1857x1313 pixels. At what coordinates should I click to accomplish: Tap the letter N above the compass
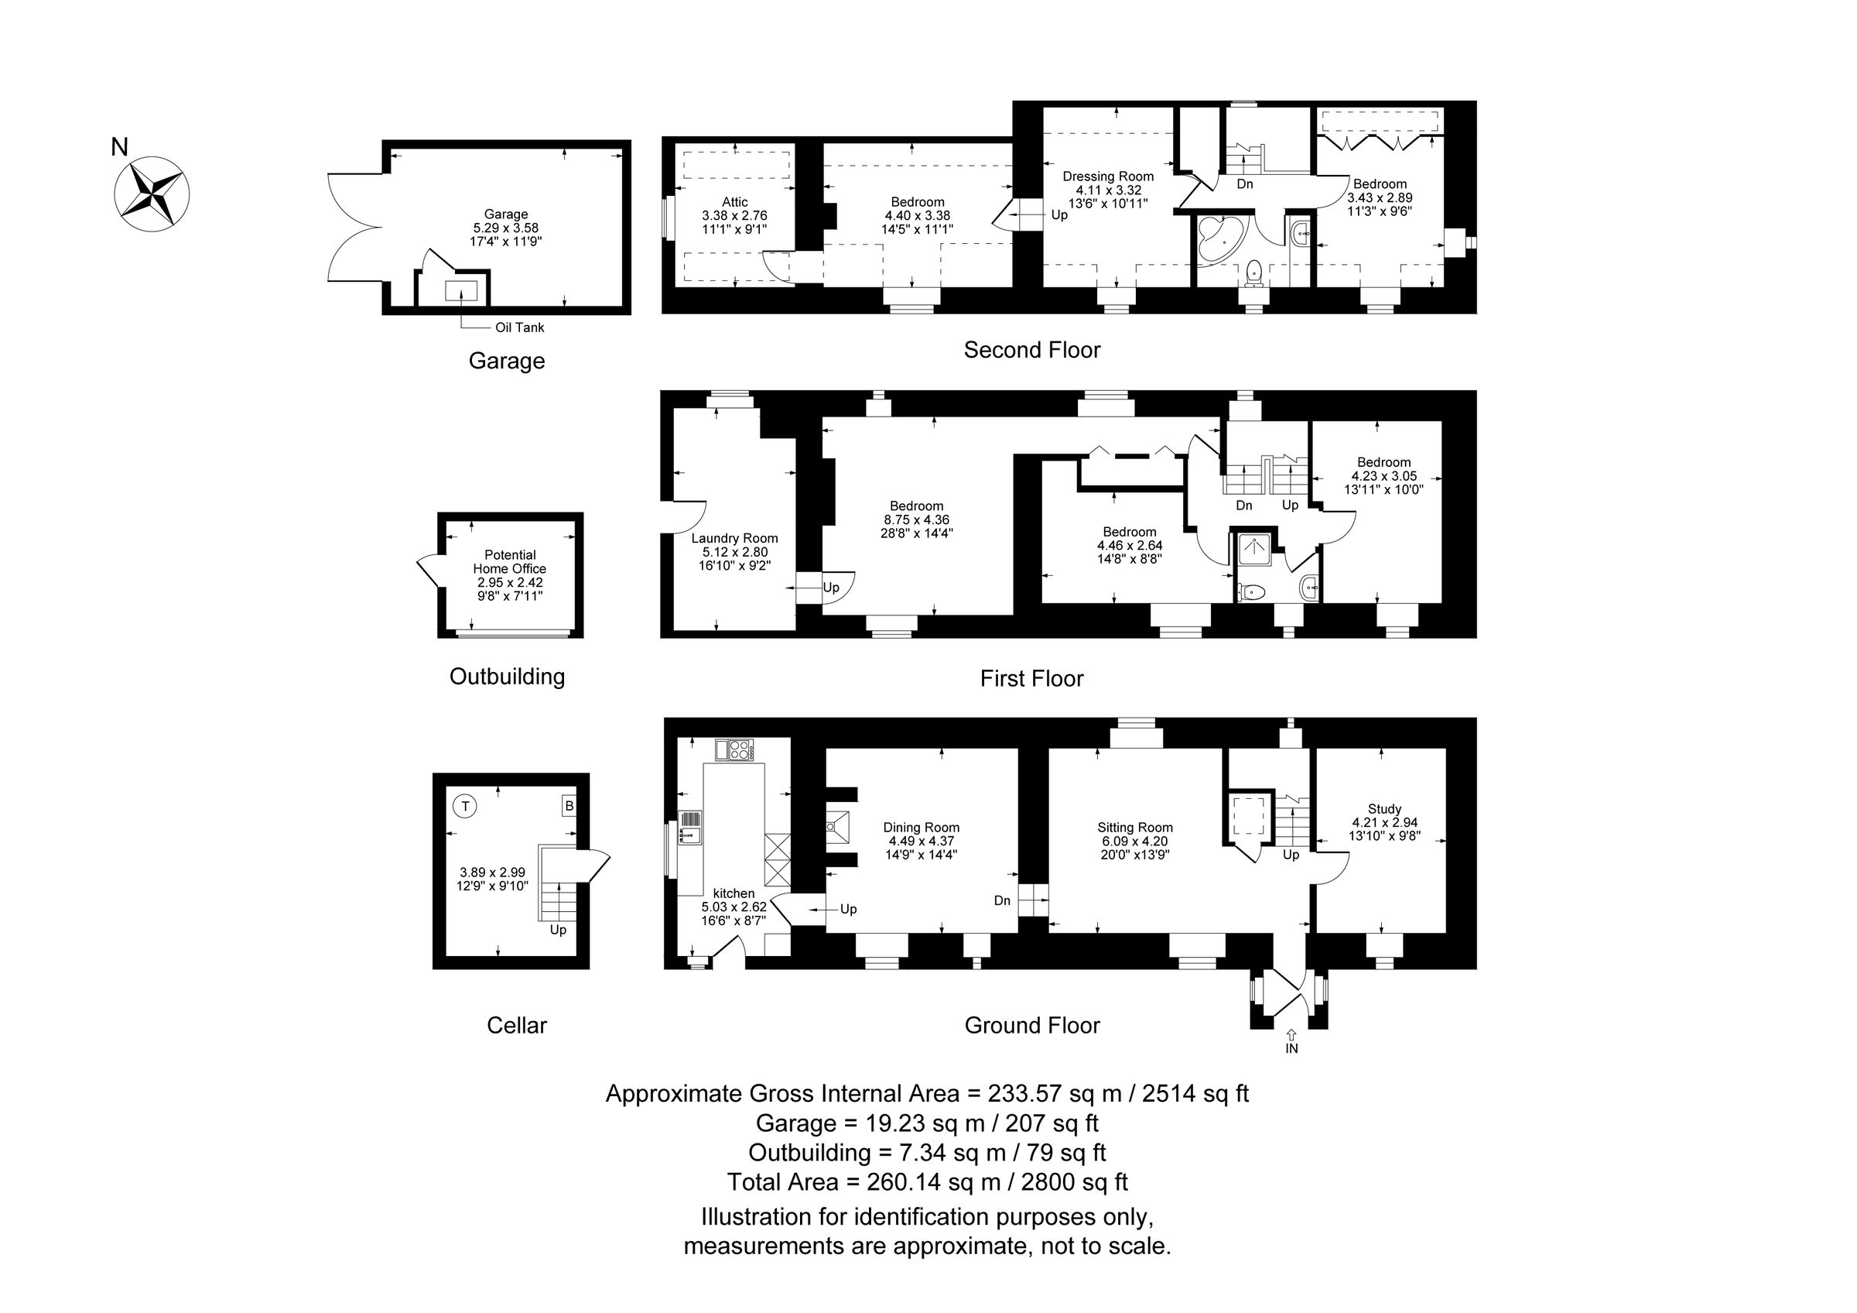(x=120, y=147)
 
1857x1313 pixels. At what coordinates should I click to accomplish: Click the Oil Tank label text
(x=519, y=327)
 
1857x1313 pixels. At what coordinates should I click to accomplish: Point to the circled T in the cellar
(x=465, y=806)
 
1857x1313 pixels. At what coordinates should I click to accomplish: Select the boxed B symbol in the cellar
(x=569, y=806)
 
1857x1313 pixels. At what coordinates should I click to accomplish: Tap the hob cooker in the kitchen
(x=734, y=750)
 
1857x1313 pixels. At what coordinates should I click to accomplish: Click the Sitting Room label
(x=1135, y=828)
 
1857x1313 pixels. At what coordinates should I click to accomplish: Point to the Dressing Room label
(x=1108, y=177)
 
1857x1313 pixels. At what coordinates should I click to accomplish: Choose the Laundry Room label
(x=734, y=538)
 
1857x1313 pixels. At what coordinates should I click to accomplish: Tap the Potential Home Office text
(x=510, y=561)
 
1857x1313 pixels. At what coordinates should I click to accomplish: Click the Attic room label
(x=734, y=202)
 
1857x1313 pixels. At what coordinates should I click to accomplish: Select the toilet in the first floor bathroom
(x=1252, y=592)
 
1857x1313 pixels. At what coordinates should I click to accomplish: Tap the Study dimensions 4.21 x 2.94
(x=1385, y=822)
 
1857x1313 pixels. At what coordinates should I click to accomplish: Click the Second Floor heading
(x=1032, y=350)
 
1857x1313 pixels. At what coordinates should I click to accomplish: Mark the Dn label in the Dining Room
(x=1002, y=900)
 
